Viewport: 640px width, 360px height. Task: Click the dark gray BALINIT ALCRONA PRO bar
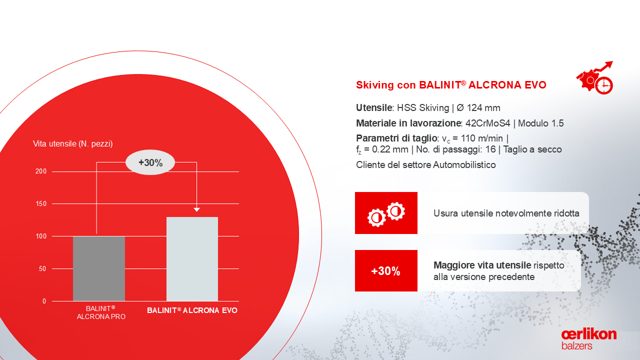click(x=99, y=268)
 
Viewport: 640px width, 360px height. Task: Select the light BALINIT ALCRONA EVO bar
click(x=192, y=259)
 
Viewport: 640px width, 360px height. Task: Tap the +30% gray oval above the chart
click(x=150, y=162)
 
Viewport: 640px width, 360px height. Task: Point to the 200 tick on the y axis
click(x=41, y=171)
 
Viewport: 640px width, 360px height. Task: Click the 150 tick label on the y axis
click(x=41, y=203)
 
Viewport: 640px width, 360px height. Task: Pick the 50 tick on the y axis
click(x=42, y=268)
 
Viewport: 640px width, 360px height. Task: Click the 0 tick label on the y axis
click(x=44, y=301)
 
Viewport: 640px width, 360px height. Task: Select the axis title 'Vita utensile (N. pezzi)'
click(x=73, y=143)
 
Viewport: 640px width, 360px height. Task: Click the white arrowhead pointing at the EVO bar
click(x=196, y=209)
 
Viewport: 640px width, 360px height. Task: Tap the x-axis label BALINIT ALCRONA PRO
click(x=101, y=312)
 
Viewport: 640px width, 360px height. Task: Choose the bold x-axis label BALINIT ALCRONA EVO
click(x=192, y=310)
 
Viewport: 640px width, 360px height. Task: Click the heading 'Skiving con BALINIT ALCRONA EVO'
click(x=451, y=85)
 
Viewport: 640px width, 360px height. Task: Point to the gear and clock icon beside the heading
click(x=595, y=77)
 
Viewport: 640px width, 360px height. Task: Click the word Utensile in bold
click(x=374, y=107)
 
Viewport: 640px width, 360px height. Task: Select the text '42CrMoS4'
click(x=487, y=123)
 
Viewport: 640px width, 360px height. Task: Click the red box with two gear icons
click(x=386, y=213)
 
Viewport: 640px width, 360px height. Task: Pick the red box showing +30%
click(x=386, y=271)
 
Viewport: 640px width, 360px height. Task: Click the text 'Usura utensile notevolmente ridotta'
click(x=506, y=213)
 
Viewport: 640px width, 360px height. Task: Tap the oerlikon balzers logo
click(x=589, y=339)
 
